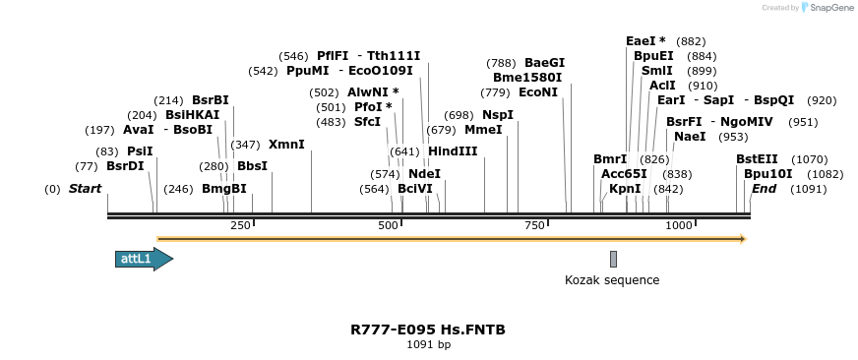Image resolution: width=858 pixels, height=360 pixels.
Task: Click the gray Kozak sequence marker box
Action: (613, 259)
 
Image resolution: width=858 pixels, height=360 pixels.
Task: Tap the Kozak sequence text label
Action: (611, 280)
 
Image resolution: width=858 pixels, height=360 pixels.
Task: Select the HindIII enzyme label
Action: (453, 151)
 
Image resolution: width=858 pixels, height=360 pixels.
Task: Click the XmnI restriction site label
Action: (286, 145)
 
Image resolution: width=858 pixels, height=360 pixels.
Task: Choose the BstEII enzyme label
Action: (757, 159)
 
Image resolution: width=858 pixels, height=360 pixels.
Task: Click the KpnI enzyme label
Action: (625, 189)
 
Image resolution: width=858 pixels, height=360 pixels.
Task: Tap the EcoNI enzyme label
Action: (538, 92)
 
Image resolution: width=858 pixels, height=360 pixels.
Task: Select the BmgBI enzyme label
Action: (224, 189)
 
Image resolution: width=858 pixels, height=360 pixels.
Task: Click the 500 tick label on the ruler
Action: (389, 226)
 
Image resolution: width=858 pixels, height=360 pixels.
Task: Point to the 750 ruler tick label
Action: (534, 226)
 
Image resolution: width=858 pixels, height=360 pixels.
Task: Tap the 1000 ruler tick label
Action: (679, 226)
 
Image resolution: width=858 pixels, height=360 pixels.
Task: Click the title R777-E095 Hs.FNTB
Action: (428, 330)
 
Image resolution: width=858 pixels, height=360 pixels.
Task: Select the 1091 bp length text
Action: (428, 345)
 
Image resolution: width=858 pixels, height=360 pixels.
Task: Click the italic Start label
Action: (85, 189)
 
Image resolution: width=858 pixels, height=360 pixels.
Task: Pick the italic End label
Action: (764, 189)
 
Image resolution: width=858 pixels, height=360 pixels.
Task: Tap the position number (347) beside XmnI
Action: (246, 145)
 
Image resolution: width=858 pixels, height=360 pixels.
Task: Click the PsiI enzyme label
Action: (140, 151)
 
